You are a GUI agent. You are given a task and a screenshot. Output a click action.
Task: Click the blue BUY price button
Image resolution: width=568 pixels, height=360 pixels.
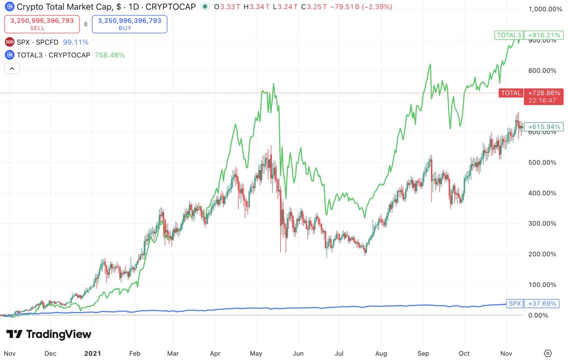[129, 24]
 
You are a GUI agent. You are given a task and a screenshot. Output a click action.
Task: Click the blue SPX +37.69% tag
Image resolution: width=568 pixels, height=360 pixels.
[532, 303]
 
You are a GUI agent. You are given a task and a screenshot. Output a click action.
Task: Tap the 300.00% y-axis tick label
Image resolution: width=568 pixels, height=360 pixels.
[542, 223]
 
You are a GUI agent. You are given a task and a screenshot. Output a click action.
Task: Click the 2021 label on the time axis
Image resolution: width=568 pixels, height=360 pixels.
[92, 353]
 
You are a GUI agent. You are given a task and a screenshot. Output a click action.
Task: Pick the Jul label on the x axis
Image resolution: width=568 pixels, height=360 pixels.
[339, 353]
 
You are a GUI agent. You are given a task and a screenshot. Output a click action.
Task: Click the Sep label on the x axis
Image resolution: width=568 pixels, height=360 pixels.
[423, 353]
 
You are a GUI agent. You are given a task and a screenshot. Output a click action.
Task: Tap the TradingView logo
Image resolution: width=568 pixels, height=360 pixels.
[49, 334]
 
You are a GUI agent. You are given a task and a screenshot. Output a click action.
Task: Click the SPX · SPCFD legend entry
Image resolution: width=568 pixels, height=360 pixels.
[38, 42]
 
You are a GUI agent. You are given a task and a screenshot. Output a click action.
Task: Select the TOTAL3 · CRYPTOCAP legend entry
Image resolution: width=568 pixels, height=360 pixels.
[53, 55]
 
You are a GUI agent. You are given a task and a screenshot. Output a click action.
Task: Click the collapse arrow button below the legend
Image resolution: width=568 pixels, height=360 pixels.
[12, 69]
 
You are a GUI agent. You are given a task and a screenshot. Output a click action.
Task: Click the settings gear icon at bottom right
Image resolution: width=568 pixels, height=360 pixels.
[548, 353]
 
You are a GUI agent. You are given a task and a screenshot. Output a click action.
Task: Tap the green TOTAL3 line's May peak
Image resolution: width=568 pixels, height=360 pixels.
[273, 84]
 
